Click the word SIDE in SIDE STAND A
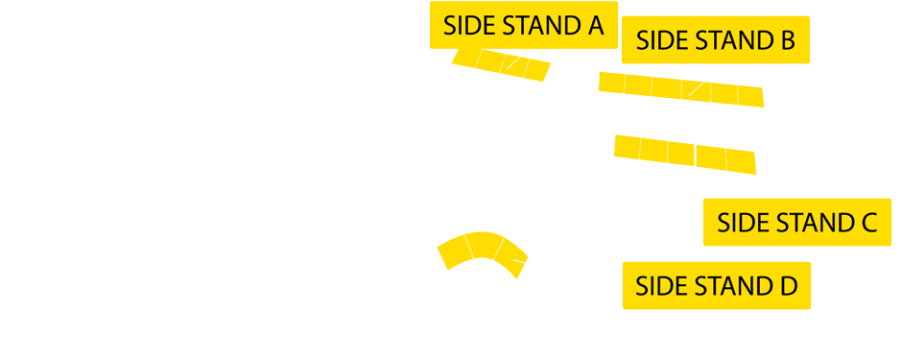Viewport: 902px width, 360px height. (x=467, y=27)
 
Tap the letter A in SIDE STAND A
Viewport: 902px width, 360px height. (x=596, y=27)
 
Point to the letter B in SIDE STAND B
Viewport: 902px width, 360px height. (x=788, y=41)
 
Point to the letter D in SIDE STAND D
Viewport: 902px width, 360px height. (x=789, y=286)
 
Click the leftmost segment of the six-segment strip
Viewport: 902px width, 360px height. (x=612, y=83)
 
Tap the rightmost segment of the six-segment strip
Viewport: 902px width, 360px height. (x=750, y=96)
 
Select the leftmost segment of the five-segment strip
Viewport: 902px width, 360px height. (x=627, y=147)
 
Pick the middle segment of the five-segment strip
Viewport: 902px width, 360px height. (x=681, y=154)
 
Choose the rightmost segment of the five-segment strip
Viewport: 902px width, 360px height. (x=741, y=161)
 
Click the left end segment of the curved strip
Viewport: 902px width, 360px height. (x=453, y=252)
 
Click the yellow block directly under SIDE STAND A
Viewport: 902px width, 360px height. (x=501, y=64)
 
